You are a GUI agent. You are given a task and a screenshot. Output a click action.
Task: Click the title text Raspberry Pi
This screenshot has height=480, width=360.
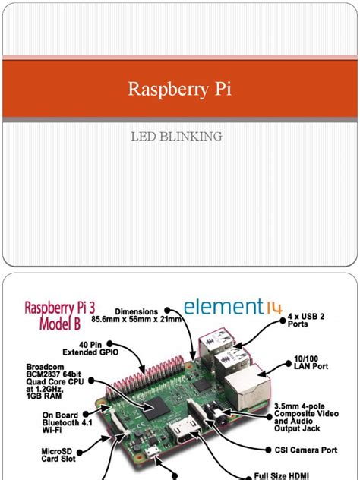click(x=179, y=90)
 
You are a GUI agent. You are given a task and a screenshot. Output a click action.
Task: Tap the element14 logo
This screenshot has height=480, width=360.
click(x=232, y=308)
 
